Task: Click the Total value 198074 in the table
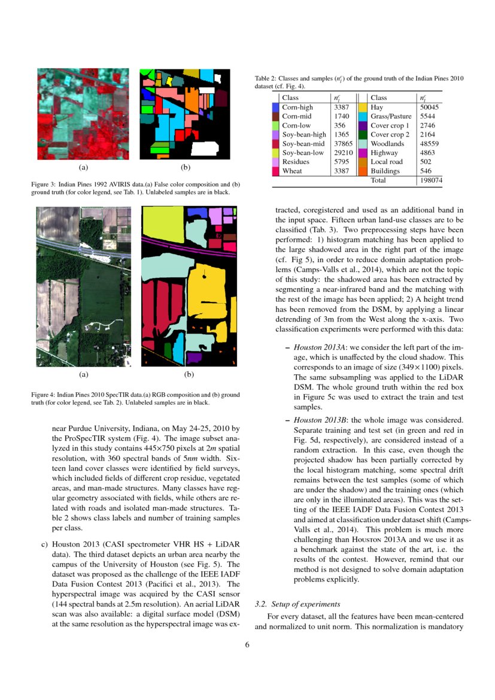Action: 430,180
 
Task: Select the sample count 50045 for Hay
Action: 430,107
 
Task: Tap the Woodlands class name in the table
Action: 387,144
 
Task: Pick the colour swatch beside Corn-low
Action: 276,125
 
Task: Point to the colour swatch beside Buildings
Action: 363,171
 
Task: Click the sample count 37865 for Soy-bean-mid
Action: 341,144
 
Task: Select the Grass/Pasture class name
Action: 390,116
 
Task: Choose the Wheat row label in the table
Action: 291,171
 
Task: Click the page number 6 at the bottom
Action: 247,645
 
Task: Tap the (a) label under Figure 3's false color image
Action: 83,168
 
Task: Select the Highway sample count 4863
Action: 428,153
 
